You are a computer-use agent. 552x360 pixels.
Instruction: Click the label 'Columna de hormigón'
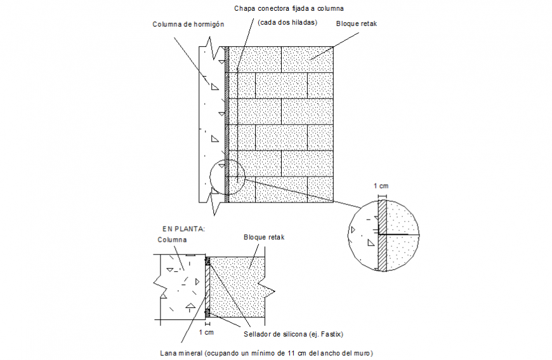(x=188, y=25)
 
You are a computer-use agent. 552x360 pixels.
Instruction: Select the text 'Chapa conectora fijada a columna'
(x=289, y=9)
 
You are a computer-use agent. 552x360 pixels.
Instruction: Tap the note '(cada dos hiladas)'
(x=287, y=23)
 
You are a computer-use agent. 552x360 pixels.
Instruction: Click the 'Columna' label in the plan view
(x=172, y=240)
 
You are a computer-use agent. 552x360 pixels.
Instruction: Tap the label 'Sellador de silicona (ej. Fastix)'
(x=293, y=333)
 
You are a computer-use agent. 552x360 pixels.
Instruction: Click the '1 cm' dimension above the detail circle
(x=380, y=185)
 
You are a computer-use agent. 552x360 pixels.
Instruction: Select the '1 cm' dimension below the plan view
(x=206, y=331)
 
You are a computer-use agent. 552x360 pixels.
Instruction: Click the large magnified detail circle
(x=384, y=236)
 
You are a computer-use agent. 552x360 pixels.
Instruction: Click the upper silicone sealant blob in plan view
(x=207, y=260)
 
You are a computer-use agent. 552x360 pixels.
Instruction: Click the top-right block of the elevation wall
(x=308, y=59)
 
